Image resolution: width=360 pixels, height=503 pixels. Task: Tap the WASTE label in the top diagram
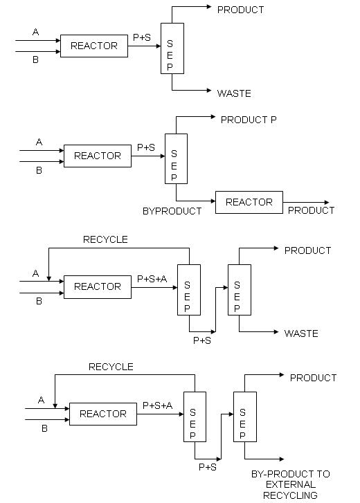click(x=234, y=93)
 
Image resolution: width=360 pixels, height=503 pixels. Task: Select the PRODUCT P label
click(x=249, y=120)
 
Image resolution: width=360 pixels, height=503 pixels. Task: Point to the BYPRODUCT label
click(x=172, y=211)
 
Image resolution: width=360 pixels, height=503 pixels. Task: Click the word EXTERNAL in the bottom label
click(x=291, y=484)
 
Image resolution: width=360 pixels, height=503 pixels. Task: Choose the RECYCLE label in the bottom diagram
click(x=111, y=367)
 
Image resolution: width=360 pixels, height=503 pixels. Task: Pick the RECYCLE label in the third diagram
click(x=105, y=239)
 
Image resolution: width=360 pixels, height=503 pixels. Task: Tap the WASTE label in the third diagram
click(x=301, y=333)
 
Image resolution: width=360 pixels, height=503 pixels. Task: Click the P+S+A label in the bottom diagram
click(x=157, y=405)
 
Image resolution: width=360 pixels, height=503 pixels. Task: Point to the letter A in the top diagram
click(x=35, y=32)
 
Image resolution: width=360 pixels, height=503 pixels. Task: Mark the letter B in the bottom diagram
click(x=44, y=428)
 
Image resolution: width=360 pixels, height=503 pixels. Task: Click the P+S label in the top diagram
click(x=142, y=37)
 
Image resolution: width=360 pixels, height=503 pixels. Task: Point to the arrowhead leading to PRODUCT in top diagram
click(x=209, y=7)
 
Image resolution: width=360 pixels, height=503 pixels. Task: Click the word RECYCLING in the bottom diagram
click(x=290, y=495)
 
